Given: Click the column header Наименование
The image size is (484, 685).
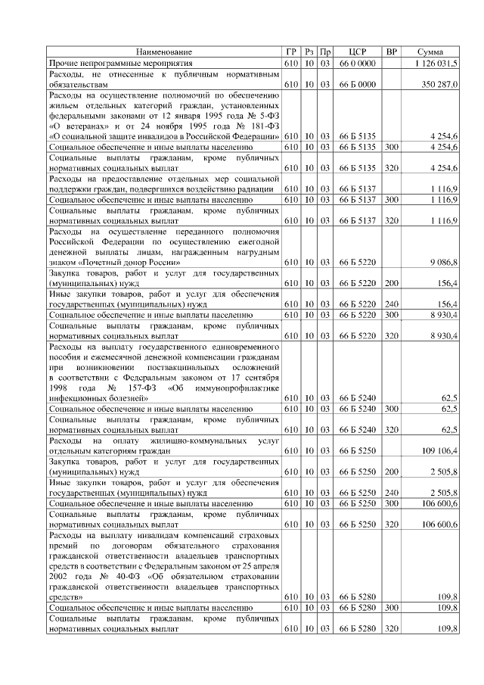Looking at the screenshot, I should [164, 51].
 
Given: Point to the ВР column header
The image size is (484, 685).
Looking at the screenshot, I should [392, 51].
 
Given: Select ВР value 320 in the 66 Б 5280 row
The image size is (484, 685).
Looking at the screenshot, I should [392, 629].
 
